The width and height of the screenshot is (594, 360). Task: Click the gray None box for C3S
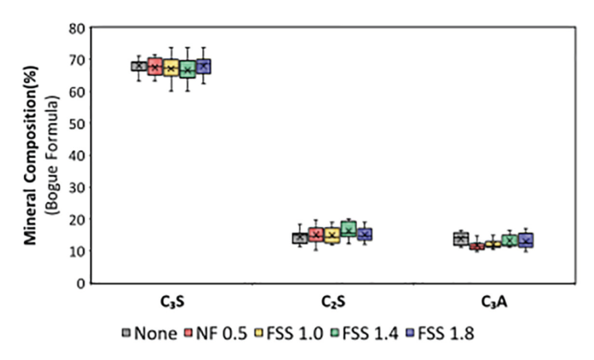(x=139, y=67)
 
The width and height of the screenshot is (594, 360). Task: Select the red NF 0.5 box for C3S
(x=155, y=67)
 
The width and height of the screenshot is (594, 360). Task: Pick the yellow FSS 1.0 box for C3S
(x=171, y=68)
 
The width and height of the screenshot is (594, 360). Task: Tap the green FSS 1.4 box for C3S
(x=187, y=70)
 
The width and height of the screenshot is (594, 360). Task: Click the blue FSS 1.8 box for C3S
(x=203, y=66)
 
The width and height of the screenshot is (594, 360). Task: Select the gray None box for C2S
(x=299, y=238)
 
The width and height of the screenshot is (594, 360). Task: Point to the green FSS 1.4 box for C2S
(x=348, y=229)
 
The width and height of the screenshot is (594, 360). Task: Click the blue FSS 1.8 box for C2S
(x=364, y=234)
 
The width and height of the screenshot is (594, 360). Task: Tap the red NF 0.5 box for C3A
(x=477, y=246)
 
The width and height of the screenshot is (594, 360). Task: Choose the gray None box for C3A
(x=460, y=239)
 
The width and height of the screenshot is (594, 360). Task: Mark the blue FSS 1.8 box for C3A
(x=525, y=240)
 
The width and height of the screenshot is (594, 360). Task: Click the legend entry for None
(x=150, y=333)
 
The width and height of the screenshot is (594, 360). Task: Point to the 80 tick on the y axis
(x=75, y=27)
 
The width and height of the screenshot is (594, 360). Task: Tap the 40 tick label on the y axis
(x=75, y=155)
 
